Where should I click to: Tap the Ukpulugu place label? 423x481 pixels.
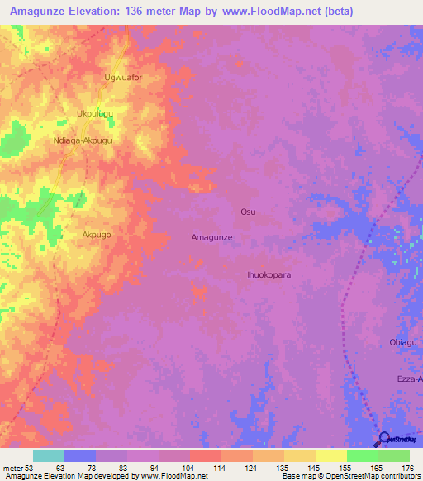coord(95,113)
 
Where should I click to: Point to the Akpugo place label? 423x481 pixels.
coord(97,235)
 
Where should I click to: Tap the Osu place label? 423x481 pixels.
coord(248,212)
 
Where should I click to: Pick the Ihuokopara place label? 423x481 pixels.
coord(269,274)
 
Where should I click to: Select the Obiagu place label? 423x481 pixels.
coord(402,342)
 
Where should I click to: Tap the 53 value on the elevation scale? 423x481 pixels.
coord(28,467)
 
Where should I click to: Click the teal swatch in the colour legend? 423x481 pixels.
coord(48,455)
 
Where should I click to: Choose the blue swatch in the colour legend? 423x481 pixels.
coord(79,455)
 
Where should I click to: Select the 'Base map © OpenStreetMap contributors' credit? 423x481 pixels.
coord(351,476)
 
